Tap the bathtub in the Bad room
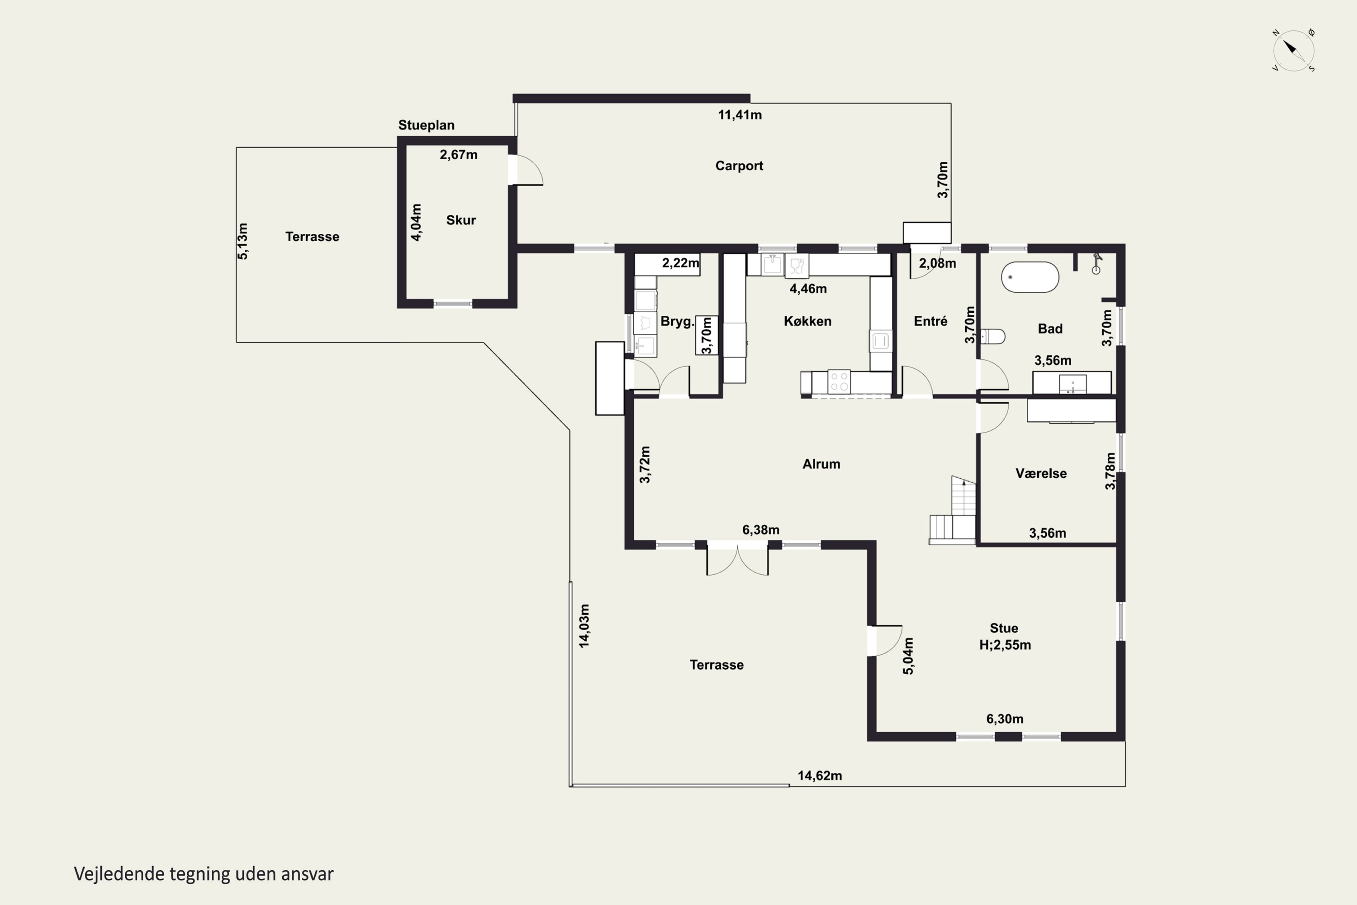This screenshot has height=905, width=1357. point(1030,277)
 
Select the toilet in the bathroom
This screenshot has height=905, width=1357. point(992,336)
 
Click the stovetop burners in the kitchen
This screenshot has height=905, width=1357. point(839,381)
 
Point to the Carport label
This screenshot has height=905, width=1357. point(739,166)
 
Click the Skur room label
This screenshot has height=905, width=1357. point(461,220)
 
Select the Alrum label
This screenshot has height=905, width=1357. point(821,464)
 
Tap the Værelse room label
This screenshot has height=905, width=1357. point(1041,473)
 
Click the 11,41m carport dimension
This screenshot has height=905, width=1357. point(740,115)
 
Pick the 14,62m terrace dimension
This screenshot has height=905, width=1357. point(820,776)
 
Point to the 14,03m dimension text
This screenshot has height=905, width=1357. point(584,626)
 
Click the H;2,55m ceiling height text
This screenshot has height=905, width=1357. point(1005,645)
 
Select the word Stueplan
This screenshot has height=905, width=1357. point(427,125)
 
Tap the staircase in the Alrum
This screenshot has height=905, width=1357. point(952,511)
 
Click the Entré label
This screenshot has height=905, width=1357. point(930,321)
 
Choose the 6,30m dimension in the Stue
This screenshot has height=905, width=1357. point(1005,719)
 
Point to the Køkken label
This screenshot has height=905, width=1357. point(807,321)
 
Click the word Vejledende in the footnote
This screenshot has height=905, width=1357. point(119,874)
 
